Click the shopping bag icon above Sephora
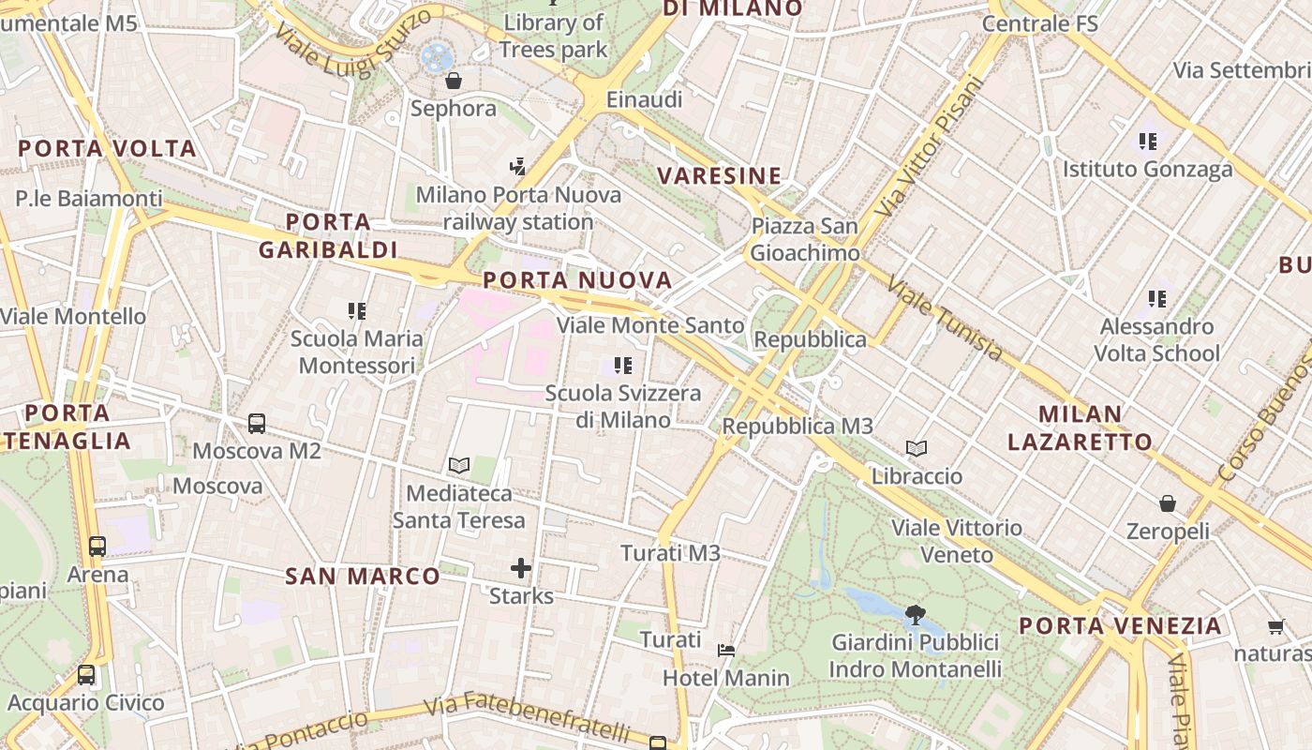(x=454, y=81)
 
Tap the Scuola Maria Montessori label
(x=356, y=352)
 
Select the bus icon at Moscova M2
(x=257, y=423)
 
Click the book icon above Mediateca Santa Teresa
(x=459, y=465)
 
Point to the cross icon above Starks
(x=521, y=568)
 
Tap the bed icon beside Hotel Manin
(x=726, y=650)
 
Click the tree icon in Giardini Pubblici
(x=916, y=616)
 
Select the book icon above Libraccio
(x=917, y=448)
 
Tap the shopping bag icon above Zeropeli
(x=1168, y=503)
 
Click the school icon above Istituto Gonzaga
(x=1148, y=142)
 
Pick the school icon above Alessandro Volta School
(x=1158, y=299)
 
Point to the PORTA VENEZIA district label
(x=1121, y=625)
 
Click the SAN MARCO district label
(x=363, y=576)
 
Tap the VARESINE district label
(x=720, y=175)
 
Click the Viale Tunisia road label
(x=945, y=320)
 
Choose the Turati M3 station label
(x=671, y=553)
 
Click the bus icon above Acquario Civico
(x=86, y=674)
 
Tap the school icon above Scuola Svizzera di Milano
(x=623, y=365)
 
